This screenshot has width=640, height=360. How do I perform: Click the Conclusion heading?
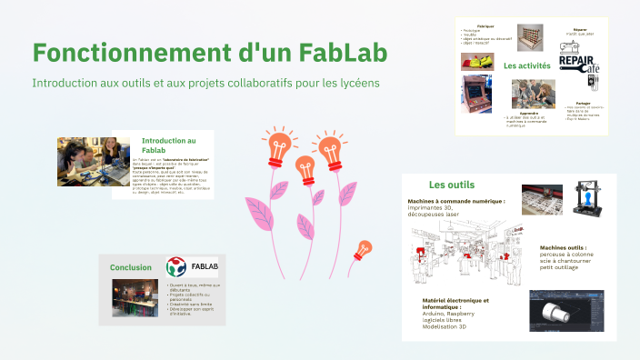coord(131,267)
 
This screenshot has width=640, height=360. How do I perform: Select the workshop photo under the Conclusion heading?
coord(128,297)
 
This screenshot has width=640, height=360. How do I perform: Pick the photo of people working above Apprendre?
coord(533,94)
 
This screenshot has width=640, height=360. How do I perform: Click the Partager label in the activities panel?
coord(585,104)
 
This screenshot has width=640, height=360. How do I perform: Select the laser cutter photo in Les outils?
coord(543,199)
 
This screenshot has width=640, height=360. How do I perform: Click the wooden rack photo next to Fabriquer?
coord(527,35)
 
